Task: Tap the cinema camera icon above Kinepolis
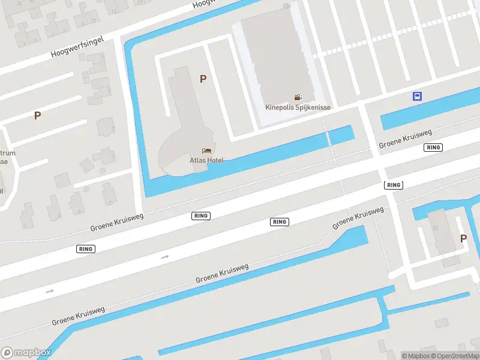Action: [x=298, y=97]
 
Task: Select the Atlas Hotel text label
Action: [x=207, y=160]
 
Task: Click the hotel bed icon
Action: [x=207, y=151]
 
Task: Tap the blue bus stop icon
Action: [x=417, y=96]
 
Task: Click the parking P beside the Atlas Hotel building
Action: [x=203, y=79]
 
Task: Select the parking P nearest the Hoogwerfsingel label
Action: [x=37, y=115]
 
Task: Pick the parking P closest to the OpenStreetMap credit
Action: [x=463, y=238]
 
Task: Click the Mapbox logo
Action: [x=26, y=353]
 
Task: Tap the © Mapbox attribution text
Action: [x=415, y=356]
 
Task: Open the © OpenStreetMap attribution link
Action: [x=455, y=356]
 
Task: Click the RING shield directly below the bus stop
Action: [x=433, y=148]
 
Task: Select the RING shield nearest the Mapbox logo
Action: [x=86, y=248]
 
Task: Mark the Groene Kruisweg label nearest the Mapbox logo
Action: [x=78, y=316]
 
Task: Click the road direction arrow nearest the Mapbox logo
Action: [x=50, y=291]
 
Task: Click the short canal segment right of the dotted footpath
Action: [x=341, y=134]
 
